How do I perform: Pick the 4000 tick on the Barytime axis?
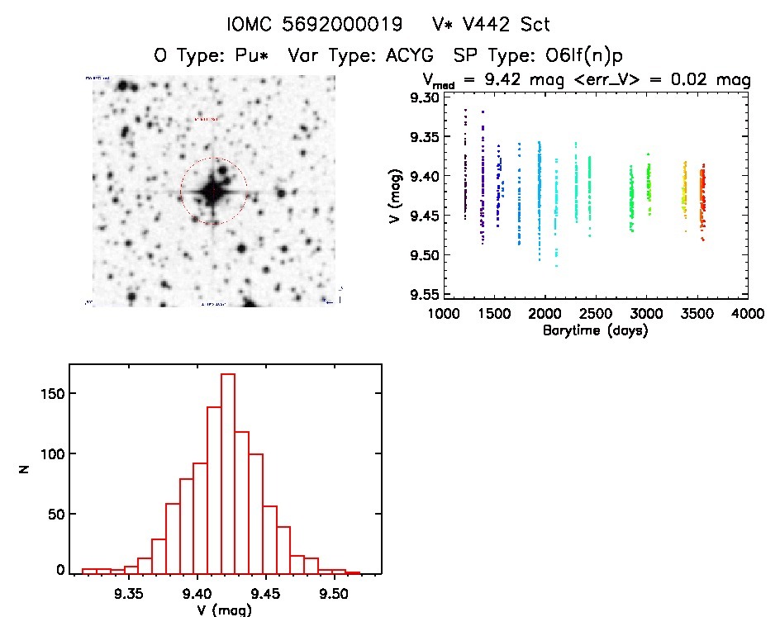click(748, 315)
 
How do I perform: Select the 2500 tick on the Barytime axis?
click(596, 315)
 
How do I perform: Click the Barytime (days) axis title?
click(595, 330)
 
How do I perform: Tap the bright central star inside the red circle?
click(212, 191)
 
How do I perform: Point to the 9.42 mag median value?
click(507, 80)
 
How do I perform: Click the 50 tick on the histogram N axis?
click(55, 513)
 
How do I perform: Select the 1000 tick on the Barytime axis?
click(444, 315)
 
